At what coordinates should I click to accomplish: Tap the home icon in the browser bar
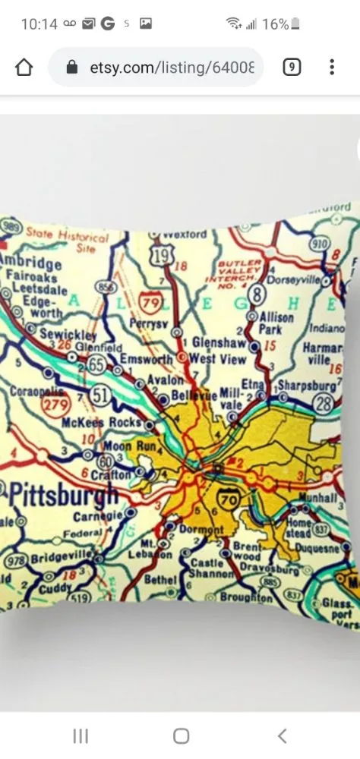(x=24, y=68)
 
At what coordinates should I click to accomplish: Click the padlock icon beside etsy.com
(x=72, y=68)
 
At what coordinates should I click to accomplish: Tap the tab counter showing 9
(x=292, y=68)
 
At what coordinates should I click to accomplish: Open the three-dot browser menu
(x=332, y=68)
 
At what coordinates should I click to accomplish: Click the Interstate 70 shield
(x=226, y=499)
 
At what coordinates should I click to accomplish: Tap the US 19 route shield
(x=161, y=256)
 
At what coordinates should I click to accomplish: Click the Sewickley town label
(x=68, y=335)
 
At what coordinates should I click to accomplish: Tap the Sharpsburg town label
(x=306, y=386)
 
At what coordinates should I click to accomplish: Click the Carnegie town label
(x=98, y=517)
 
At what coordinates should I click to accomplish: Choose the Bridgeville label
(x=63, y=558)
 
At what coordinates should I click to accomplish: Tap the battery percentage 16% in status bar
(x=275, y=24)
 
